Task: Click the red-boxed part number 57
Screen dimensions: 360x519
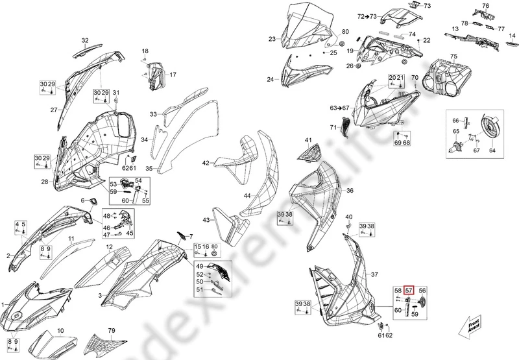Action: pyautogui.click(x=409, y=291)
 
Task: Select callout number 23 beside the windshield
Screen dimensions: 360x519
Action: pyautogui.click(x=272, y=39)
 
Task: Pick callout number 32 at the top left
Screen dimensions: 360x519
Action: pyautogui.click(x=84, y=40)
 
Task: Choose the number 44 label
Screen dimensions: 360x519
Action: pyautogui.click(x=247, y=195)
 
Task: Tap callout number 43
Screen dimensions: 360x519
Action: pyautogui.click(x=205, y=221)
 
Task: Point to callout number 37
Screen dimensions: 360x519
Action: pyautogui.click(x=374, y=276)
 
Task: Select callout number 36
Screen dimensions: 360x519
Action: pyautogui.click(x=350, y=191)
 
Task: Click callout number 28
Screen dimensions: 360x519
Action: pyautogui.click(x=45, y=182)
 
